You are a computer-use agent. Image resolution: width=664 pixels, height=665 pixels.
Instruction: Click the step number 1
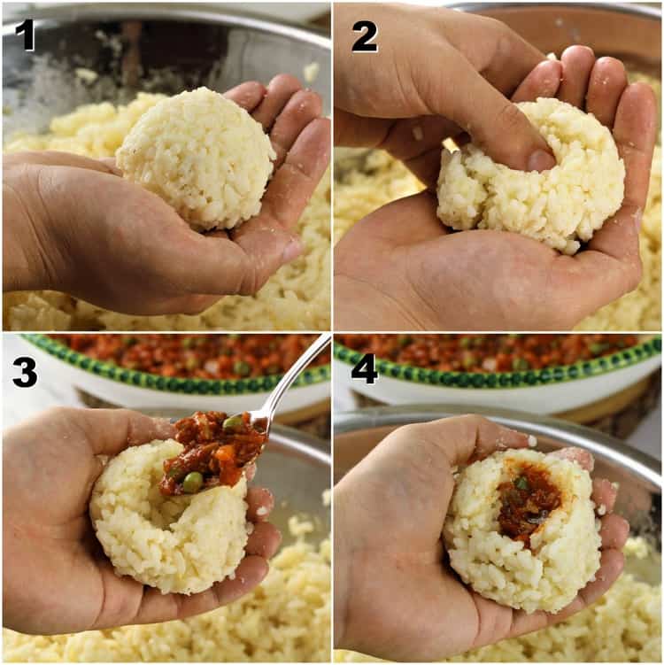coord(25,35)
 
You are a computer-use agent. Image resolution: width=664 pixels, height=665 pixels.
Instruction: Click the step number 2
coord(364,36)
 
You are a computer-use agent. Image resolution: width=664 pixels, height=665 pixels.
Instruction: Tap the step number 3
coord(25,371)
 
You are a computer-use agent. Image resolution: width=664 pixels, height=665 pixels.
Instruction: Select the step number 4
coord(364,369)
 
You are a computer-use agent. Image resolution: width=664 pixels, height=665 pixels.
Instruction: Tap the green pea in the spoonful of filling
coord(192,482)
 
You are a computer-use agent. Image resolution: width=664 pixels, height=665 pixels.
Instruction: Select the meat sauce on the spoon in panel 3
coord(212,447)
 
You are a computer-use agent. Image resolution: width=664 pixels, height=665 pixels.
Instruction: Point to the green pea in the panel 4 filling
coord(523,483)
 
